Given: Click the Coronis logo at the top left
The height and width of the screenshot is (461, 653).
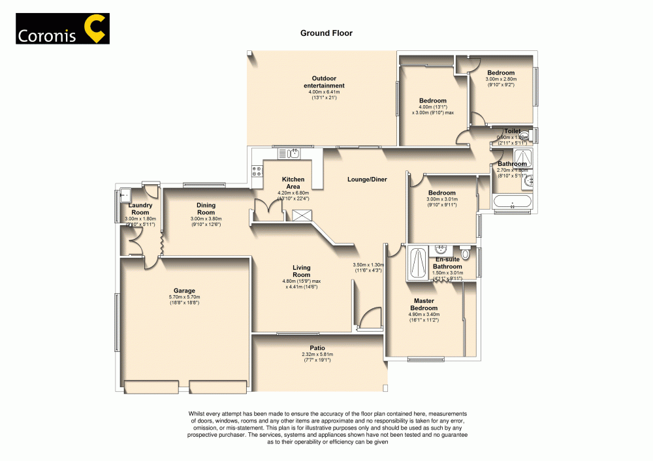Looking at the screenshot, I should (x=63, y=29).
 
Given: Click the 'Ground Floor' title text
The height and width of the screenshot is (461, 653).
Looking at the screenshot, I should (x=326, y=33).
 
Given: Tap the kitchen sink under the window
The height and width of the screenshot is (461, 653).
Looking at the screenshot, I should (x=288, y=154).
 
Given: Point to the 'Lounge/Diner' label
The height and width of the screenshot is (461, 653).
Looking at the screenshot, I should (x=366, y=179).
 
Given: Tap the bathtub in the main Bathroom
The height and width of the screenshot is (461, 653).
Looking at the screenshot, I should (x=513, y=203).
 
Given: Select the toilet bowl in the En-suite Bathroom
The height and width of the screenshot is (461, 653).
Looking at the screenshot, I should (x=465, y=253).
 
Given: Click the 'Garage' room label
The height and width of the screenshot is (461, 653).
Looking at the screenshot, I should (x=184, y=291).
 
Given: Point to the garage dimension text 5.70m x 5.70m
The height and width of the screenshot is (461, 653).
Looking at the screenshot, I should (x=184, y=297).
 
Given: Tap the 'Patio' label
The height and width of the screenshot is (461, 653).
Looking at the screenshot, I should (x=317, y=348).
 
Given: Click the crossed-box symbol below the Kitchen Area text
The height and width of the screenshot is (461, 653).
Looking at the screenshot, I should (x=302, y=216).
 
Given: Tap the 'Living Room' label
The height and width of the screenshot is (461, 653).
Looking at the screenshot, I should (x=301, y=271).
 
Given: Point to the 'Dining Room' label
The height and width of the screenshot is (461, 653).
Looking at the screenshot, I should (x=206, y=208).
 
